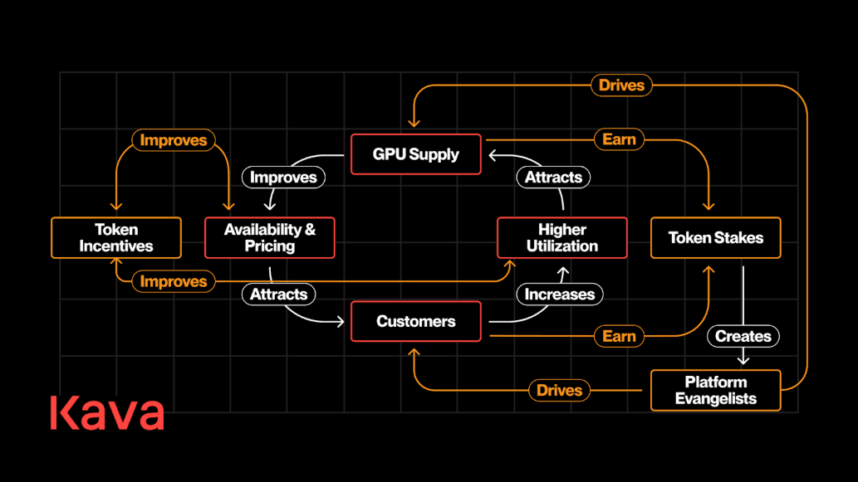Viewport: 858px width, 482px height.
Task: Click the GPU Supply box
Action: (415, 154)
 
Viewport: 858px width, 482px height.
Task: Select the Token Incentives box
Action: (116, 238)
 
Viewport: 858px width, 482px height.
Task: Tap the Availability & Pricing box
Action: (270, 238)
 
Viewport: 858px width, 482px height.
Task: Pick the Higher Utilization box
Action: (561, 238)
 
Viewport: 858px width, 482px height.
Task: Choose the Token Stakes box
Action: (715, 238)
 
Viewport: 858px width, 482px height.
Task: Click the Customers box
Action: (415, 321)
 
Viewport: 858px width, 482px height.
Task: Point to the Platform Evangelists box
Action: (715, 390)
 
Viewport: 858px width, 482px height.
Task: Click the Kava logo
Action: (107, 413)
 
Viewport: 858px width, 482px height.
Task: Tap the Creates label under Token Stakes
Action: (743, 336)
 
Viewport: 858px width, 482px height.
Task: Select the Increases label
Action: (560, 294)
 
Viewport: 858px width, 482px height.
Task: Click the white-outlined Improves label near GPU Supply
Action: (283, 177)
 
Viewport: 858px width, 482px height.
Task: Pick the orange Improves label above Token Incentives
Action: (173, 140)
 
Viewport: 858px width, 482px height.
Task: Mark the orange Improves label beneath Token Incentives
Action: (173, 281)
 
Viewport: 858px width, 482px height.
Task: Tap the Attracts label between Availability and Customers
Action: (279, 294)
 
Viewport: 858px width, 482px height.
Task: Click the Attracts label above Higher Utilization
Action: (553, 177)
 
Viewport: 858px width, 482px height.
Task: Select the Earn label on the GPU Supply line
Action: (619, 139)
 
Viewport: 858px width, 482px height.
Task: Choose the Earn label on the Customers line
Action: (619, 336)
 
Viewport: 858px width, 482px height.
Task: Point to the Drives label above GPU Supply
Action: (621, 85)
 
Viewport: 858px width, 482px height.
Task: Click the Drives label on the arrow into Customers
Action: (559, 390)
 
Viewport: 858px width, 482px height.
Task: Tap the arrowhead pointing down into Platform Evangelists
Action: (743, 360)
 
